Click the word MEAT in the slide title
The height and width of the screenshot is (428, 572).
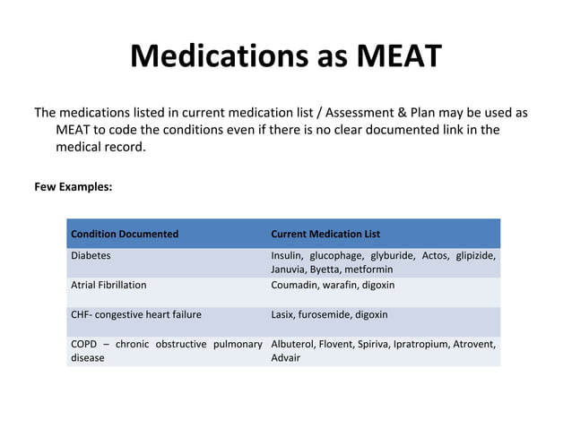(399, 56)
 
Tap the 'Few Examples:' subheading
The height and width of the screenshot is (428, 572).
(74, 187)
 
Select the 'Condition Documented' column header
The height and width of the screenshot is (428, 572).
(125, 234)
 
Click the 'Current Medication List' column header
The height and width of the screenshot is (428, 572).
(325, 234)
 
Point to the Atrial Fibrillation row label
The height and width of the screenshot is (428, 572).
(108, 285)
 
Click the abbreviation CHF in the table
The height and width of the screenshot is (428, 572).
(81, 314)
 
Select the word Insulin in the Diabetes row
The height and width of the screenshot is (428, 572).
(287, 255)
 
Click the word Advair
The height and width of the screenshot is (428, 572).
(286, 357)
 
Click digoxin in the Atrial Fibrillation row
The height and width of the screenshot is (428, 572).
(377, 285)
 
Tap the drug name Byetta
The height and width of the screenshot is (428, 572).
(326, 269)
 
